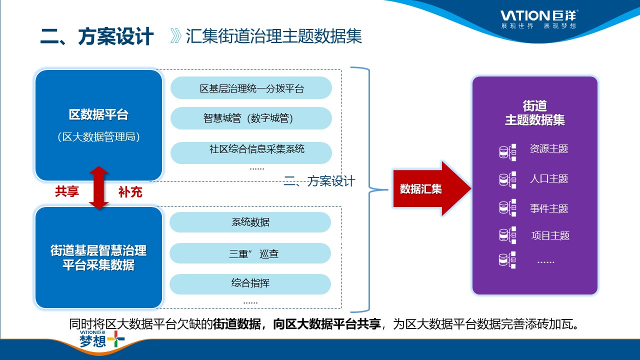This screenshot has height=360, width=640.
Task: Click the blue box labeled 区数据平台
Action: coord(98,125)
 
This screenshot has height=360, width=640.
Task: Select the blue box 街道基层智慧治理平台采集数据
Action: coord(98,257)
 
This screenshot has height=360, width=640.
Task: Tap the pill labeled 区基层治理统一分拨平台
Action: coord(251,88)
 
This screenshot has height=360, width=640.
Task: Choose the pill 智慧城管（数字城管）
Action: coord(251,118)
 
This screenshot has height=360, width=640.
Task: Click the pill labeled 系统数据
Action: coord(250,222)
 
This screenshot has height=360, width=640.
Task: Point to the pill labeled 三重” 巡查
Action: coord(250,253)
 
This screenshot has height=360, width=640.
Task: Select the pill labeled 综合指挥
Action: coord(250,283)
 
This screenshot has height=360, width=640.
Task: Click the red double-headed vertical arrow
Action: coord(99,188)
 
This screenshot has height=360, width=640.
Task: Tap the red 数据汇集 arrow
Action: coord(430,189)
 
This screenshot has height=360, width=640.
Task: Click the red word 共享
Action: coord(67,191)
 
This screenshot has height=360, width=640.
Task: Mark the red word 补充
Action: coord(130,191)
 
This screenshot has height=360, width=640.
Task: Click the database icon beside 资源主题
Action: coord(507,151)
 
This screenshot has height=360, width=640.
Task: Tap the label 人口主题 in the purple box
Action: coord(549,179)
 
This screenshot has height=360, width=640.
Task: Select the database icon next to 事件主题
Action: coord(507,208)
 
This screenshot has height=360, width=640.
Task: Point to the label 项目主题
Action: coord(550,236)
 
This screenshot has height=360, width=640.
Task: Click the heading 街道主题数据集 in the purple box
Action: coord(535,113)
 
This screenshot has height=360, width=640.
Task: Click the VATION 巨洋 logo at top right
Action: coord(539,18)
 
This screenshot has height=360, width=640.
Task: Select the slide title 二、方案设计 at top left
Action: coord(97,37)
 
